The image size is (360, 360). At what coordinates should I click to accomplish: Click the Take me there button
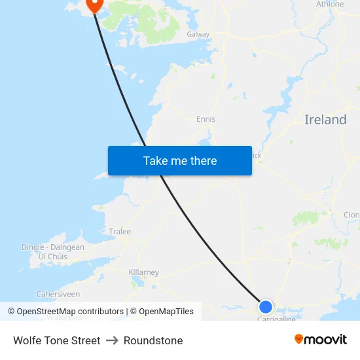coord(180,160)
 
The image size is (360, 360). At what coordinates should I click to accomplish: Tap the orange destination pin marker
coord(94,4)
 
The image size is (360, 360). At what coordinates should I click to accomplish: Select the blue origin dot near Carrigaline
coord(265,306)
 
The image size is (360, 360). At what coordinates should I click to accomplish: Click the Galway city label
coord(198,34)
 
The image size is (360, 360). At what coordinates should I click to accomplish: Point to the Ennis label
coord(206,119)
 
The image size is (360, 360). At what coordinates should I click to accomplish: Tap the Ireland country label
coord(325,120)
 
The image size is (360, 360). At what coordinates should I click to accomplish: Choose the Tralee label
coord(120,232)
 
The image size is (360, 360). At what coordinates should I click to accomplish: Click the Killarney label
coord(143,272)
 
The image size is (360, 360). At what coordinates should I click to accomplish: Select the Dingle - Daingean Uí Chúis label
coord(52,251)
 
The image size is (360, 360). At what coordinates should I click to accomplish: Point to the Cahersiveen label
coord(58,295)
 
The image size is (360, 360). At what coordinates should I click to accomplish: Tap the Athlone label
coord(330,4)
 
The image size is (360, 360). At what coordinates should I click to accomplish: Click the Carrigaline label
coord(276,319)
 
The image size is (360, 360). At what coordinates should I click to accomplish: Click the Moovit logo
coord(321,340)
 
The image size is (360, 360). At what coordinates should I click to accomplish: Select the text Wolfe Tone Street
coord(57,340)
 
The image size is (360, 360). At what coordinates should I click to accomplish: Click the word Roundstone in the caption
coord(153,340)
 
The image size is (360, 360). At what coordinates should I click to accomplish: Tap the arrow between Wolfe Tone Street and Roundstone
coord(112,340)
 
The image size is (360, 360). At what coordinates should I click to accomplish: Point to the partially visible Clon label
coord(351,215)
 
